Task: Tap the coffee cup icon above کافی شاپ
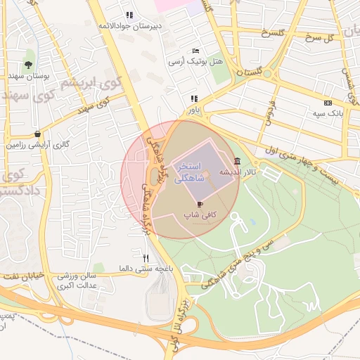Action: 201,204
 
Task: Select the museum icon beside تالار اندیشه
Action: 238,160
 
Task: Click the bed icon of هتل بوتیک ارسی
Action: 195,52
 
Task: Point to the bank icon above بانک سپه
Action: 328,103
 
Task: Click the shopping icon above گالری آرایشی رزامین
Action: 37,134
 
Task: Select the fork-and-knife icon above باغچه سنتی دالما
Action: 146,258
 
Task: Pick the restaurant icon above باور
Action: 193,99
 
